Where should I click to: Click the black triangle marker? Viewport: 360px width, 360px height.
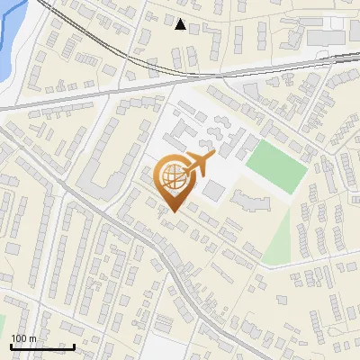(x=181, y=24)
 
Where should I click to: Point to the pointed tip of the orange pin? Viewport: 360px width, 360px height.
(x=172, y=212)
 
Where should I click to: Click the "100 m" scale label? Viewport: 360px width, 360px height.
(x=23, y=338)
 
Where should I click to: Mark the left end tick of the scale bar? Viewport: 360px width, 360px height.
(x=11, y=346)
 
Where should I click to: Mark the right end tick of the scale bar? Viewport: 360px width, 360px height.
(x=74, y=346)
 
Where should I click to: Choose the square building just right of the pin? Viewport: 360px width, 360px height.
(x=214, y=192)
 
